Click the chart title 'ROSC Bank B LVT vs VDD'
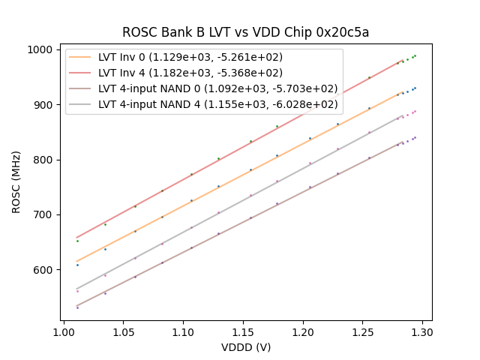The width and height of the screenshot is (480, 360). [217, 32]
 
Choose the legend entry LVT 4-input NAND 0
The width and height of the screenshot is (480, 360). [217, 88]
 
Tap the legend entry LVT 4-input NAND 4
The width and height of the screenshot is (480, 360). [217, 104]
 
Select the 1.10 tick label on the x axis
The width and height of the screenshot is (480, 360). [183, 331]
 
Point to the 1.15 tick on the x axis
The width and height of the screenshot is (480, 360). [243, 331]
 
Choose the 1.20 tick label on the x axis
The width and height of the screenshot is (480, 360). [303, 331]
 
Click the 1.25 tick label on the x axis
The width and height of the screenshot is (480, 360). [363, 331]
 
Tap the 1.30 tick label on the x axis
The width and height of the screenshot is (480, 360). [422, 331]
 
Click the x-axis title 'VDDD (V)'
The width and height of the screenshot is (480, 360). [246, 347]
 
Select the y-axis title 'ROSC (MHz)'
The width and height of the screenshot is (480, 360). [16, 185]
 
